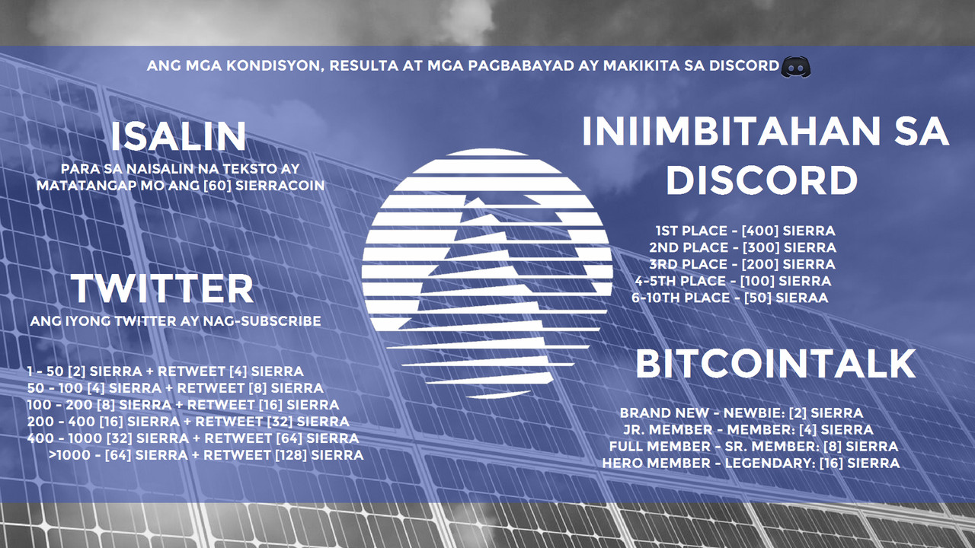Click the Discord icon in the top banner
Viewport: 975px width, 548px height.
[796, 67]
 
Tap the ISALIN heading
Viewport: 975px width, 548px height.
[178, 136]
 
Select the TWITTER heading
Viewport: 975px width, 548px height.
[162, 288]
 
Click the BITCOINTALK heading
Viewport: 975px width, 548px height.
[775, 364]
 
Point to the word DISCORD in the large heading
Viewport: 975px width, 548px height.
[762, 180]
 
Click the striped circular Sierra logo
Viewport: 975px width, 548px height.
[487, 273]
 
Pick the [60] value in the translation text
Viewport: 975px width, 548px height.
[217, 186]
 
